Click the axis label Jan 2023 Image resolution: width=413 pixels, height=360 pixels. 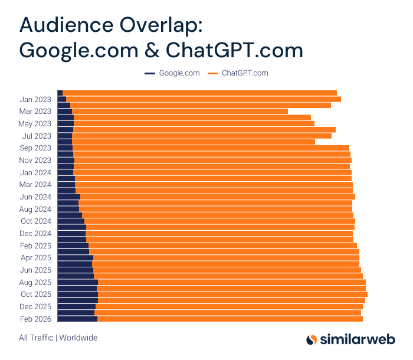coord(35,99)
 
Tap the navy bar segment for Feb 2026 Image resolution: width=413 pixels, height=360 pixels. coord(77,319)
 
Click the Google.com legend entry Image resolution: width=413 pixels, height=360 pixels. coord(172,73)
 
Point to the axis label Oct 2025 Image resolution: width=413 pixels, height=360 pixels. coord(35,294)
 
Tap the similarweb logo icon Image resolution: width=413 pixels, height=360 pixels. coord(312,339)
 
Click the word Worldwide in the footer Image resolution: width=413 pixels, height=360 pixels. coord(78,338)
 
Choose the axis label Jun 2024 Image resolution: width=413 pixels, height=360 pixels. coord(35,197)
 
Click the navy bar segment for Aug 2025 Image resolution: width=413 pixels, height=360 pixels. coord(77,282)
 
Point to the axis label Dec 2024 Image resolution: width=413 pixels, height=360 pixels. coord(35,233)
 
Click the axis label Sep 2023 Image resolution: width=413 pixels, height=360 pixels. coord(35,148)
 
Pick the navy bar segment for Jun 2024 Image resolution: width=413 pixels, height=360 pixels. coord(68,197)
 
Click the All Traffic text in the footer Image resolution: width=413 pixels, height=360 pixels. coord(36,338)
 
